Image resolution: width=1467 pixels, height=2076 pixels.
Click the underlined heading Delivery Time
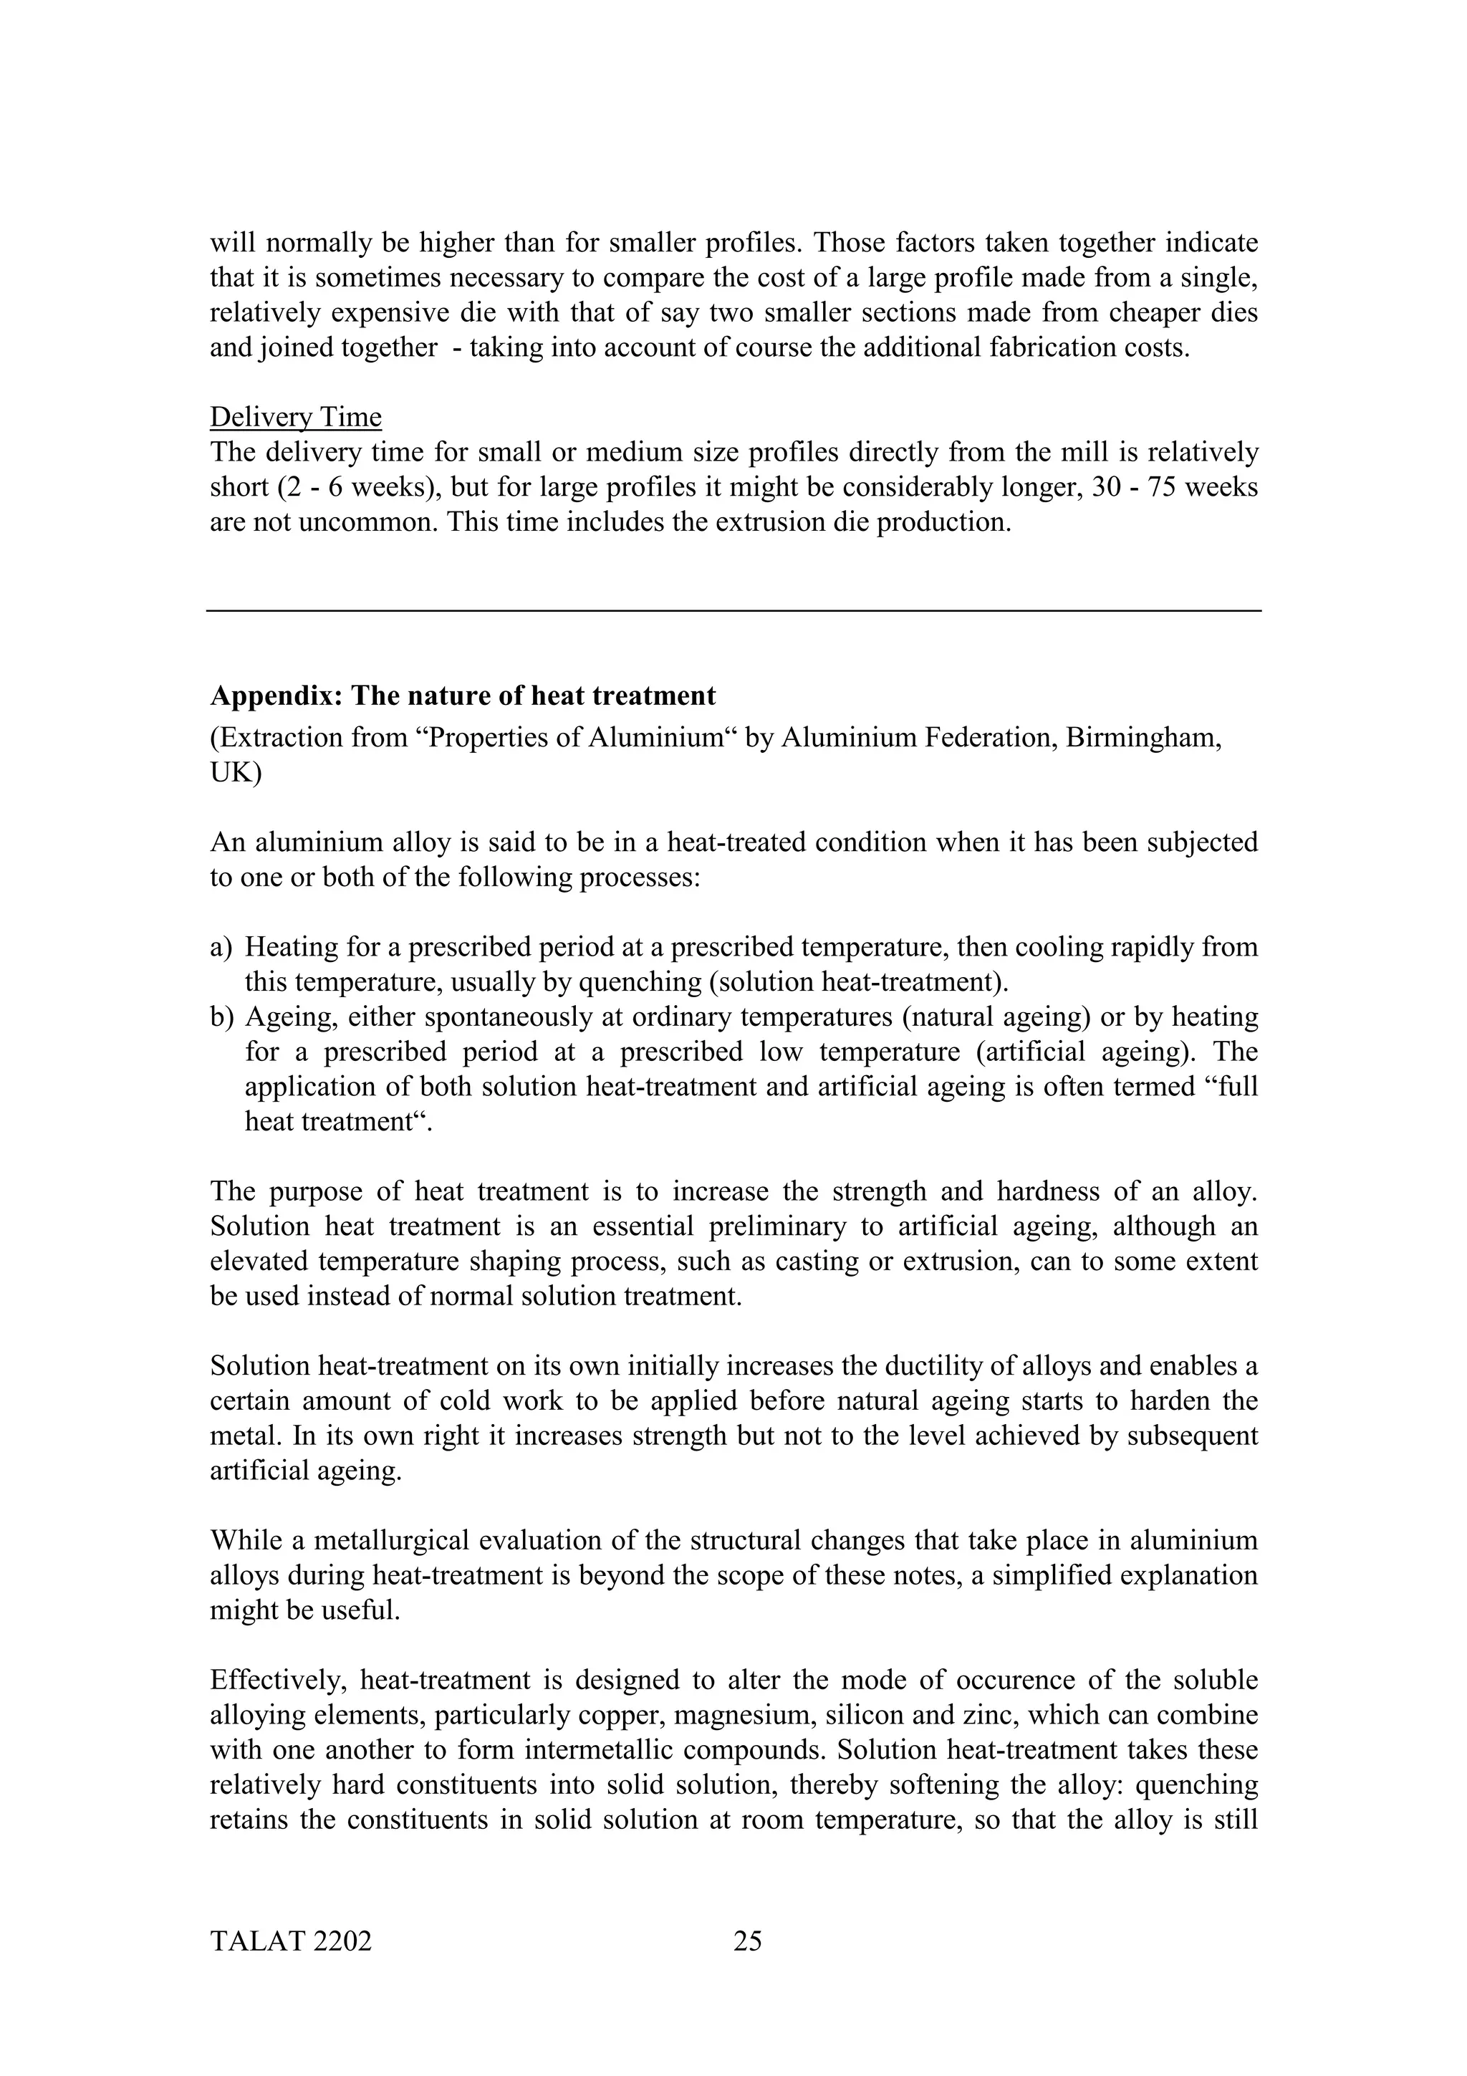point(296,417)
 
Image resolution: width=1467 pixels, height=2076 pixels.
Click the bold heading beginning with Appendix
point(462,696)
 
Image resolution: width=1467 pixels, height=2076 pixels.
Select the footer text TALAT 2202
point(290,1941)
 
